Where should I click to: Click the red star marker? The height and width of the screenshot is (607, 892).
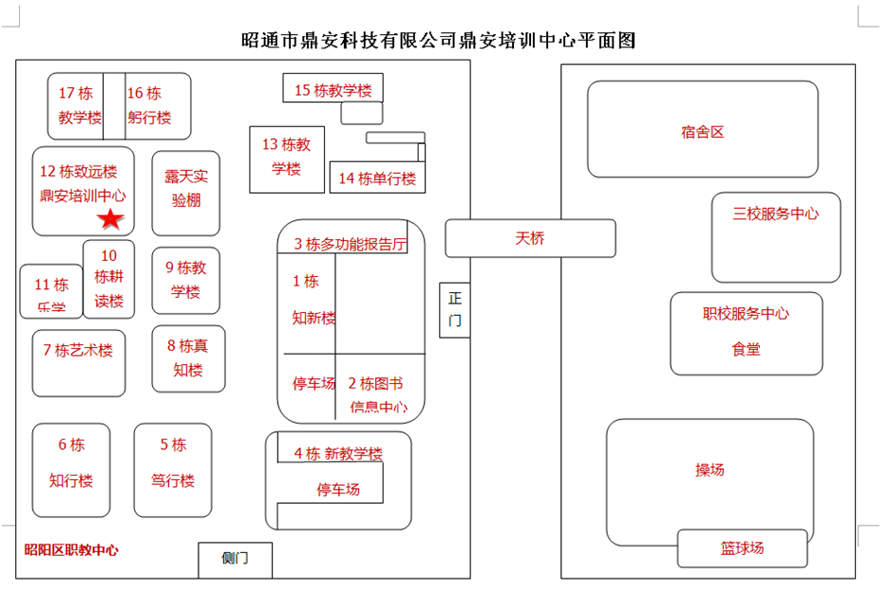tap(111, 220)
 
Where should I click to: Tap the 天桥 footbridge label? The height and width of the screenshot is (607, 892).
tap(530, 238)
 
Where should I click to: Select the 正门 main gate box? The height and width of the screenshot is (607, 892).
tap(455, 309)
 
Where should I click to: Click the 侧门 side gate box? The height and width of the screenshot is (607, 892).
tap(234, 559)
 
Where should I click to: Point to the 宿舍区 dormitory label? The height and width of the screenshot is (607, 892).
tap(702, 131)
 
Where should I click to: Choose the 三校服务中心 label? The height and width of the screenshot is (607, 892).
tap(776, 214)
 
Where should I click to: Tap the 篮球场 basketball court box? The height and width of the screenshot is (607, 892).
tap(742, 548)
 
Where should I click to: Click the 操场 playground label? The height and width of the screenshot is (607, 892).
tap(710, 470)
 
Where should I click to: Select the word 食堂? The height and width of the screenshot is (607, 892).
tap(746, 349)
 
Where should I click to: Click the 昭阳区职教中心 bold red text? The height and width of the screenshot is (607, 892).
tap(72, 550)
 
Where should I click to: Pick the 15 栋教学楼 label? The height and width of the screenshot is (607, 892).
tap(333, 91)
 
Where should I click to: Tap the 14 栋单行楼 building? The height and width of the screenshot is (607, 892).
tap(376, 178)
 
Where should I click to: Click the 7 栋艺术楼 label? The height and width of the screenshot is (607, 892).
tap(77, 350)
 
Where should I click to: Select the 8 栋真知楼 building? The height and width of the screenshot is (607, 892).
tap(188, 358)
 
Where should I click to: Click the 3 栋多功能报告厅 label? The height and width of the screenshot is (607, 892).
tap(350, 245)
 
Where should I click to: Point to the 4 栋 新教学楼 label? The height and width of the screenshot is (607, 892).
tap(337, 454)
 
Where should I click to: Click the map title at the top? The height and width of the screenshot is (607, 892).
tap(438, 41)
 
